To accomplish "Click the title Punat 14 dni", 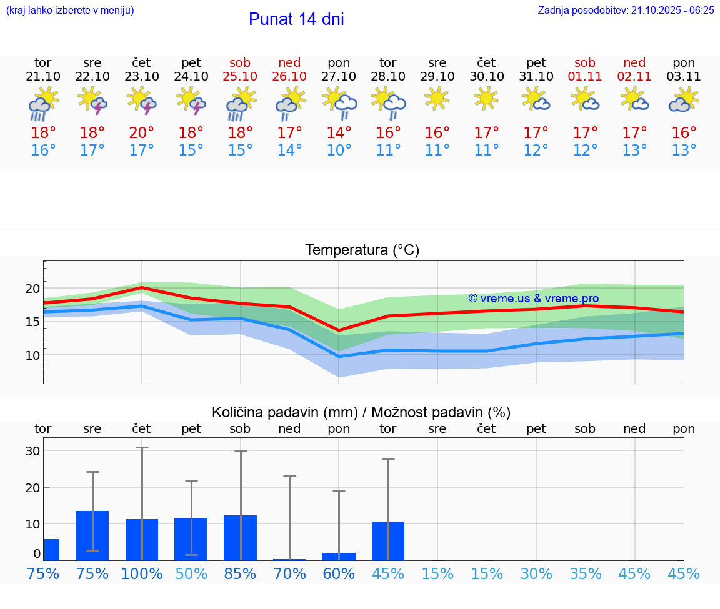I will coord(296,19).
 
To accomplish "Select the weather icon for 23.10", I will coord(142,101).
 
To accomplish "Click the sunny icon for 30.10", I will coord(486,98).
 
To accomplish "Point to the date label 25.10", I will coord(240,76).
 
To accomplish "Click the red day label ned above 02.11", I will coord(634,62).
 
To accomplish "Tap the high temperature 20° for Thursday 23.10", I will coord(142,133).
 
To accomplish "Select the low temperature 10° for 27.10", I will coord(339,151).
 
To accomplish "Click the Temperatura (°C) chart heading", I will coord(362,250).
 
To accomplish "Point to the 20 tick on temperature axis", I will coord(32,289).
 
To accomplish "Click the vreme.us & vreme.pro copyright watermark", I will coord(533,299).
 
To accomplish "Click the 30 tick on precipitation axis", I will coord(32,451).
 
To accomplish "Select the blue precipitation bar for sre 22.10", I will coord(92,535).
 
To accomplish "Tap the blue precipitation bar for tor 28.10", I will coord(388,541).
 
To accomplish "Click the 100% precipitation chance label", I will coord(142,574).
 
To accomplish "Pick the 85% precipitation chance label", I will coord(240,574).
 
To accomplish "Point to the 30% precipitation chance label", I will coord(536,574).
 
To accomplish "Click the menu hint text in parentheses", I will coord(70,10).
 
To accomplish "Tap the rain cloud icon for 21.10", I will coord(42,104).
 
